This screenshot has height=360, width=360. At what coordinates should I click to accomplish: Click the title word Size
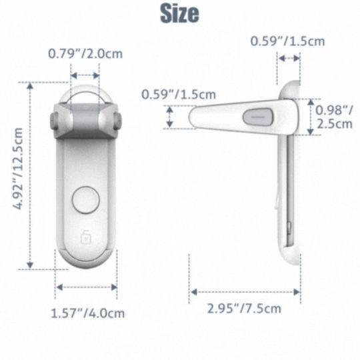[x=179, y=13]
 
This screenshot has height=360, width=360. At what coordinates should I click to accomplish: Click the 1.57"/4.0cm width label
[x=89, y=312]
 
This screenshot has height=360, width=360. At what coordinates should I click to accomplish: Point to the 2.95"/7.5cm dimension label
[x=245, y=308]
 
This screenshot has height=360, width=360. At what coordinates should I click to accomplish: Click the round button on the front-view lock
[x=85, y=199]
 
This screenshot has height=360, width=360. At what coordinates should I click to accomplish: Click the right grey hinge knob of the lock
[x=117, y=121]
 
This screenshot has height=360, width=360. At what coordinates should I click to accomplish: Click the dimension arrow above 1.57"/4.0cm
[x=87, y=287]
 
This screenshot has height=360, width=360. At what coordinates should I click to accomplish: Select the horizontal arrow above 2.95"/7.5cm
[x=245, y=291]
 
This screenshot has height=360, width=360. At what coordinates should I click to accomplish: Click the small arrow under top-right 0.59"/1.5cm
[x=289, y=59]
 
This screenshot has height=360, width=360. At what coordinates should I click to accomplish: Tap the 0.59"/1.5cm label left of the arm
[x=169, y=94]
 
